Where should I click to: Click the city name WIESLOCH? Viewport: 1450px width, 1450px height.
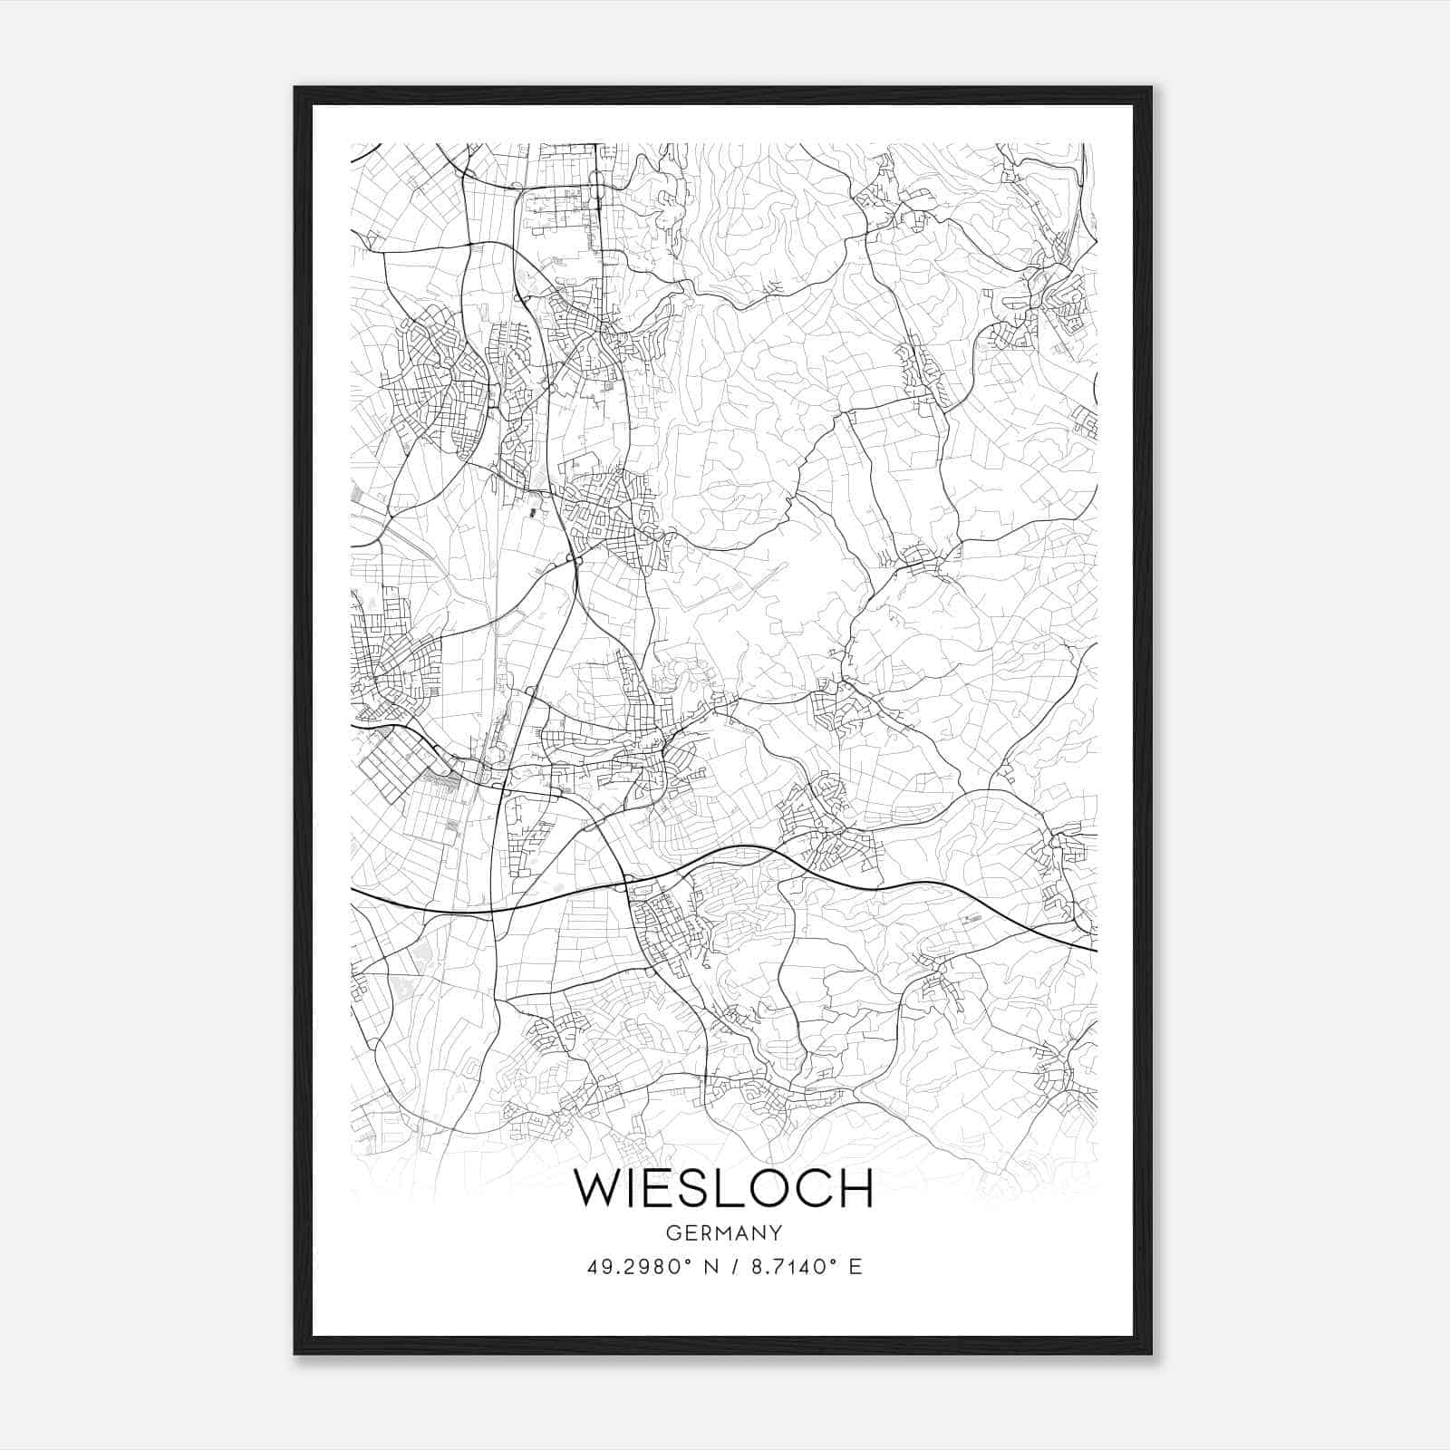(723, 1188)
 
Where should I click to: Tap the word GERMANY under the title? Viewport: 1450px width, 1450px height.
(723, 1232)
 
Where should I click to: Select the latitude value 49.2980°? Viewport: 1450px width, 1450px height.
(639, 1267)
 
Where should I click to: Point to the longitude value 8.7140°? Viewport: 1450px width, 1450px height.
(788, 1267)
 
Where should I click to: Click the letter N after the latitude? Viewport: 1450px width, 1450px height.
(711, 1267)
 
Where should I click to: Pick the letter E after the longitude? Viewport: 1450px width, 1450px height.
(855, 1267)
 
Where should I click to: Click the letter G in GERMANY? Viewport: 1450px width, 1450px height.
(672, 1232)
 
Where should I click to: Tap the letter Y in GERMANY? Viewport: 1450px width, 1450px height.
(776, 1232)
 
